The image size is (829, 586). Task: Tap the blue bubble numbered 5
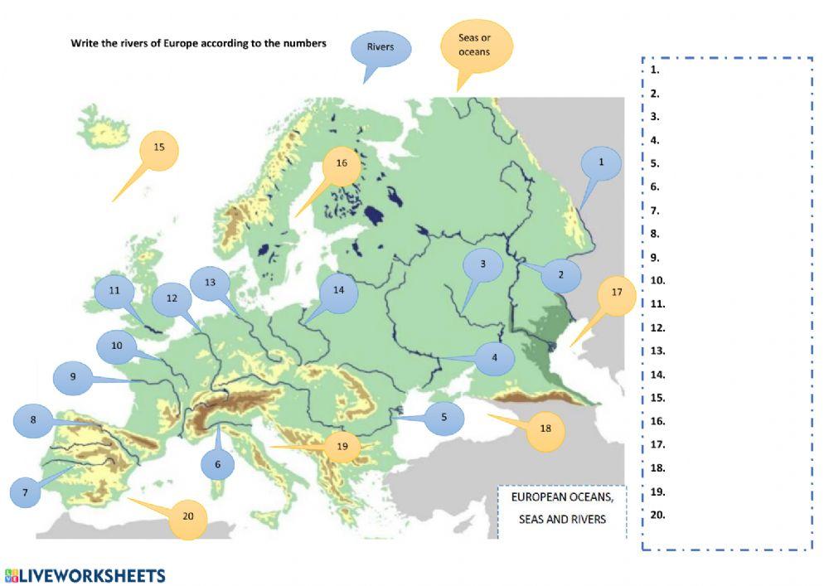(x=444, y=419)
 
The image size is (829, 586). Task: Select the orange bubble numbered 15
(x=160, y=149)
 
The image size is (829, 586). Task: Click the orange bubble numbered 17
(x=616, y=294)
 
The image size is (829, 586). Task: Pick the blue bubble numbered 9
(x=73, y=378)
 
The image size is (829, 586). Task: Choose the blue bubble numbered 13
(x=210, y=283)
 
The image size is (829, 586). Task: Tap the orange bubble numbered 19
(x=342, y=448)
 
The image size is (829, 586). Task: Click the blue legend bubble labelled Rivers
(x=381, y=48)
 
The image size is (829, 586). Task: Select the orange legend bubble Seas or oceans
(x=474, y=46)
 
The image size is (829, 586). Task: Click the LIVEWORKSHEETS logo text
(x=93, y=575)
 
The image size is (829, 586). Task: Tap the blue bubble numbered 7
(x=25, y=492)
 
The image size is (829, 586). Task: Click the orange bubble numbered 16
(x=342, y=164)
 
